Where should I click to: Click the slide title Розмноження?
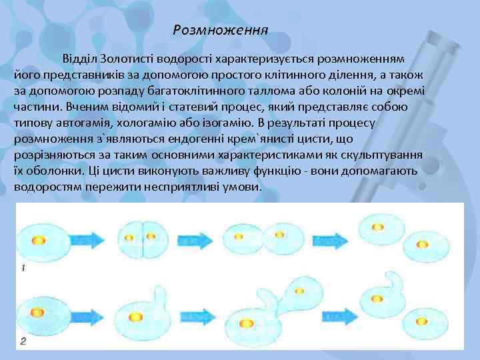(220, 30)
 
